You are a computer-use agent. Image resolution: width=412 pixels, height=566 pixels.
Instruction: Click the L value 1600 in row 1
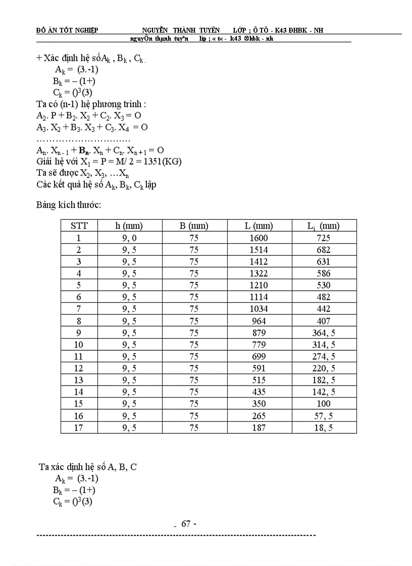pyautogui.click(x=259, y=238)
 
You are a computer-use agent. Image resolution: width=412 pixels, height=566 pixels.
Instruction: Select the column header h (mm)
pyautogui.click(x=129, y=226)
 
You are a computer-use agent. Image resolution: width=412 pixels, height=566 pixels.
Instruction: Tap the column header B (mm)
pyautogui.click(x=194, y=226)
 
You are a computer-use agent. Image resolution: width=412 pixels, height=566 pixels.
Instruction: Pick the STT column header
pyautogui.click(x=79, y=226)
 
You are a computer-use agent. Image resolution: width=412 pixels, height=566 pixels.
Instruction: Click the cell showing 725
pyautogui.click(x=324, y=238)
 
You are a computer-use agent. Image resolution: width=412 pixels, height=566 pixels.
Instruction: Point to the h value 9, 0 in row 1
pyautogui.click(x=129, y=238)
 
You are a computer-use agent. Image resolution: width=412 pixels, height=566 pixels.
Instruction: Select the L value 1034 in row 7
pyautogui.click(x=259, y=309)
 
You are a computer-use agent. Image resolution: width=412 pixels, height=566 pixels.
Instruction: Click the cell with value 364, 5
pyautogui.click(x=324, y=333)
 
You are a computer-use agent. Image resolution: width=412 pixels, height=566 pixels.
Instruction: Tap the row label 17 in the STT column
pyautogui.click(x=79, y=427)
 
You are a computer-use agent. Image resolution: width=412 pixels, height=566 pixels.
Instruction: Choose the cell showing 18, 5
pyautogui.click(x=324, y=427)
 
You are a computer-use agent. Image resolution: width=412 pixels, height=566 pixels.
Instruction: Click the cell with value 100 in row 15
pyautogui.click(x=324, y=404)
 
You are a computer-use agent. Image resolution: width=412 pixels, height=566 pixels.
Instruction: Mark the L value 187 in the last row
pyautogui.click(x=259, y=427)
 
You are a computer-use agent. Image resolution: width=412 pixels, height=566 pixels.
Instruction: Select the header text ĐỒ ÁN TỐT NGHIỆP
pyautogui.click(x=67, y=30)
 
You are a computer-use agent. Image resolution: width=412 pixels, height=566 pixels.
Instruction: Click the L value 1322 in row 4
pyautogui.click(x=259, y=273)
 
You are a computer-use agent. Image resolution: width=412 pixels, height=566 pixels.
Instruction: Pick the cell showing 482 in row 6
pyautogui.click(x=324, y=297)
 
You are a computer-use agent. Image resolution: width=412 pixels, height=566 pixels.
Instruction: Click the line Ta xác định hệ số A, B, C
pyautogui.click(x=88, y=467)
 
